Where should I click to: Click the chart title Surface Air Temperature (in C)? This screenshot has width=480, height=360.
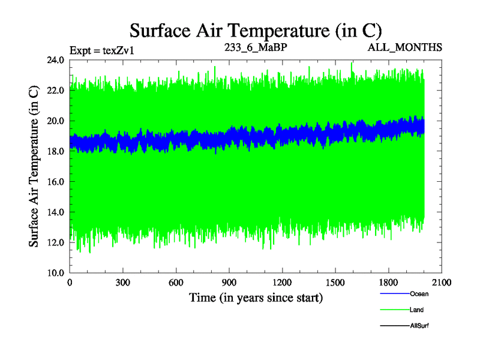pos(256,30)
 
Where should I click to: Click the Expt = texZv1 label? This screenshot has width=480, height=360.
pos(101,50)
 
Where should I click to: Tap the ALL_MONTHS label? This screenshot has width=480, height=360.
pos(406,47)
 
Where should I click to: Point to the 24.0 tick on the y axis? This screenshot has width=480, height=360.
pos(56,61)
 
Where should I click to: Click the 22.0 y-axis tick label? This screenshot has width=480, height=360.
pos(56,91)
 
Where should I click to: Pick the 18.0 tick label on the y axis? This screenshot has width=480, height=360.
pos(56,151)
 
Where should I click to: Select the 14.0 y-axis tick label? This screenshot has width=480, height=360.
pos(56,212)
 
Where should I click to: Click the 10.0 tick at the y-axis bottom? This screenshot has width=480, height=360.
pos(56,272)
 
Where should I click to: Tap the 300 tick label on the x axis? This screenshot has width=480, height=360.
pos(123,283)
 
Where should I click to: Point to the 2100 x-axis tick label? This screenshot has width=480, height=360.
pos(442,283)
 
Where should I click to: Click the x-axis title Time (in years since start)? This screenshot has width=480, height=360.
pos(256,298)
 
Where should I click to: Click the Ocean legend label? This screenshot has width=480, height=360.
pos(419,294)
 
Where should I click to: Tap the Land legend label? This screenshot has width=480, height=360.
pos(416,310)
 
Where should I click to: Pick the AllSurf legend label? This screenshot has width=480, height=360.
pos(419,325)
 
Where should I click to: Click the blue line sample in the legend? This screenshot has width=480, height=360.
pos(394,294)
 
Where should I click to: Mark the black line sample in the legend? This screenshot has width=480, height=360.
pos(394,325)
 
